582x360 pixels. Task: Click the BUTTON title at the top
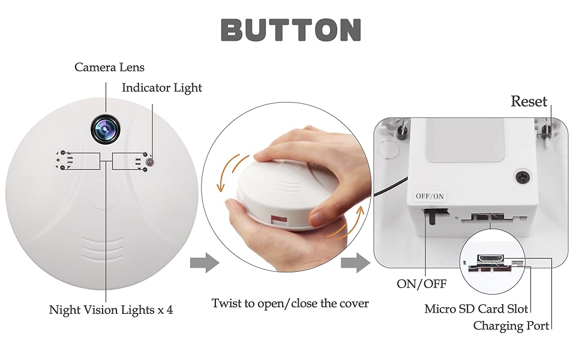291,29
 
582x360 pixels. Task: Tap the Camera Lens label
109,67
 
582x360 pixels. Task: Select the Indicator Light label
162,88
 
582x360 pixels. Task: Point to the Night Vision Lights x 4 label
111,310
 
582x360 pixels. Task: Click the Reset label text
529,101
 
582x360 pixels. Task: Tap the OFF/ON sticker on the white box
430,196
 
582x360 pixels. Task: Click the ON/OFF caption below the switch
421,284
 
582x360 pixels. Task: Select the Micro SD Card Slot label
476,309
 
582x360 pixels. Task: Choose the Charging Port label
511,326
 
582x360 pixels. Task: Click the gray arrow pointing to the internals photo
355,262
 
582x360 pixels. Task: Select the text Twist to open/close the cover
290,303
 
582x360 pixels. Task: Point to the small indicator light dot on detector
151,162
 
